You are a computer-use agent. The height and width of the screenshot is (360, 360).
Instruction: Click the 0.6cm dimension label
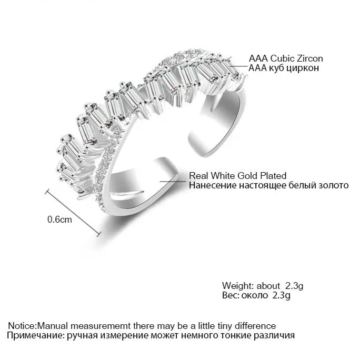coord(59,219)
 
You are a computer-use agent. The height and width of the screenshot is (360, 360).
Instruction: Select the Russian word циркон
coord(305,68)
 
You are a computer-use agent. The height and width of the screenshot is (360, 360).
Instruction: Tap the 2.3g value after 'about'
coord(294,286)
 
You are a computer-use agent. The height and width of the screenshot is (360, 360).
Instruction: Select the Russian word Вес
coord(229,296)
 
